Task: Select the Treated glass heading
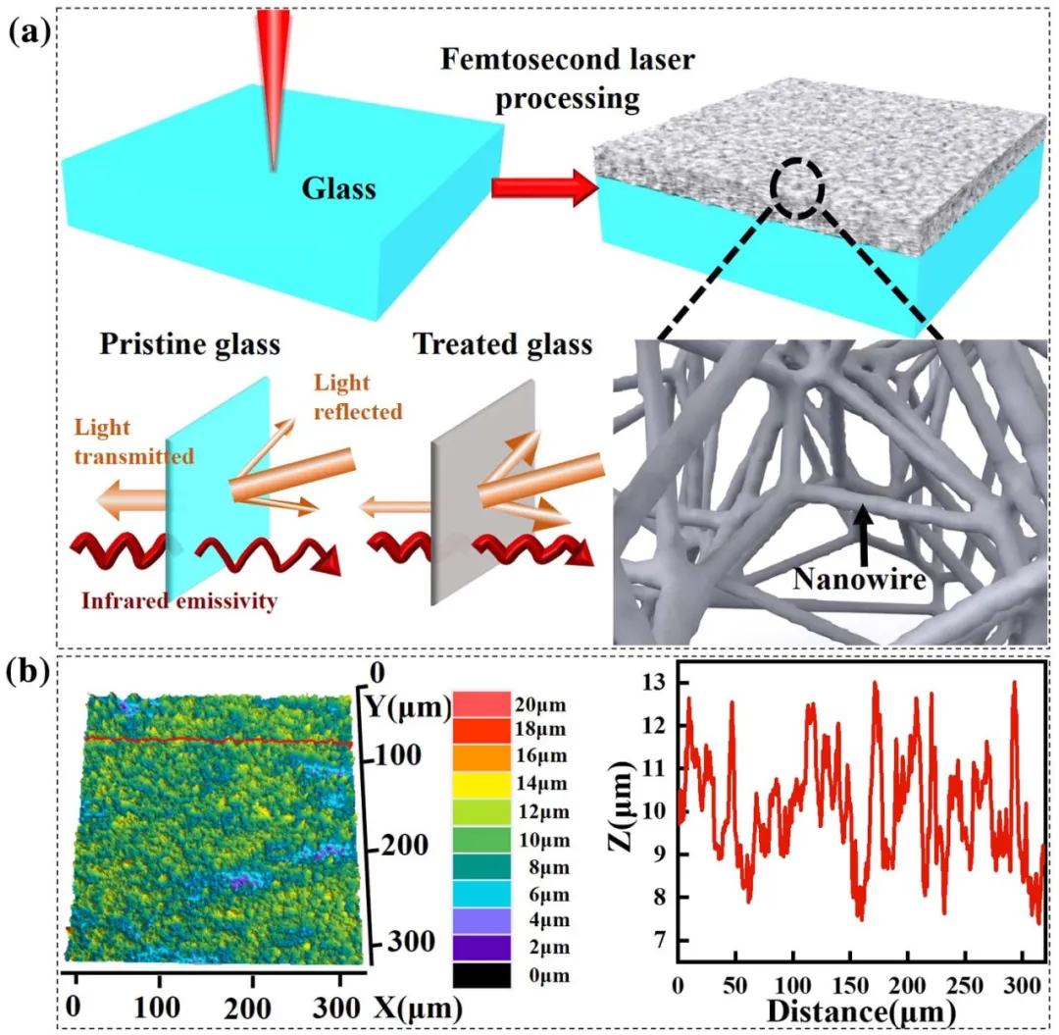tap(502, 344)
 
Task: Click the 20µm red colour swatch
tap(481, 703)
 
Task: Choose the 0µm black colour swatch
tap(481, 975)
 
